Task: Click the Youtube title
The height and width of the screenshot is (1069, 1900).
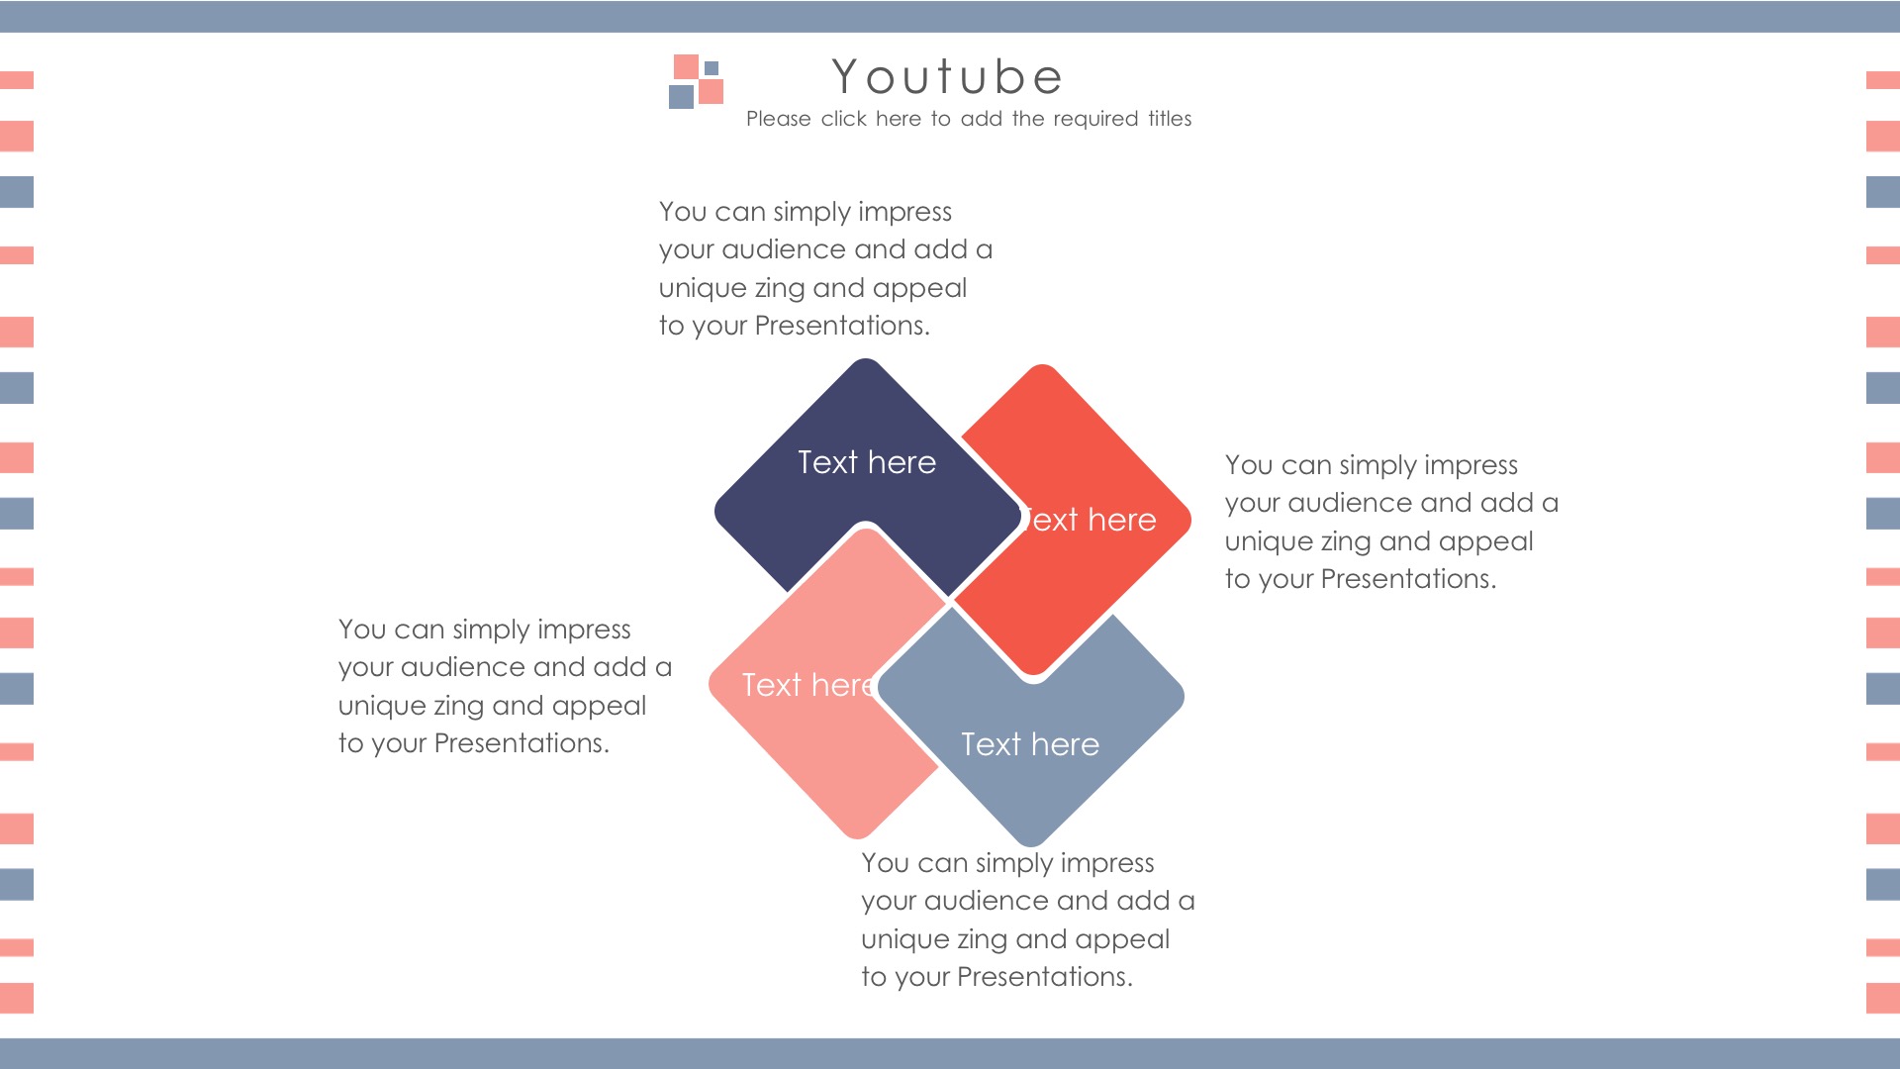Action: pos(947,77)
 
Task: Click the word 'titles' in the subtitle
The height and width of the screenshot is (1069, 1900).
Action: pos(1170,119)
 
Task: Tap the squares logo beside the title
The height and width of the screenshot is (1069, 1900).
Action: pos(697,81)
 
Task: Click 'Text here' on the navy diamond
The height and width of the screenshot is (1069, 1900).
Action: pos(867,462)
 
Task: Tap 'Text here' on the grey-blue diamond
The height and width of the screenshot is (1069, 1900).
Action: pos(1030,744)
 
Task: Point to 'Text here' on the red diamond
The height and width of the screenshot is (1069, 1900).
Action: pos(1090,520)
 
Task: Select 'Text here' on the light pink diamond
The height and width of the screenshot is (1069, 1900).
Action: pos(808,685)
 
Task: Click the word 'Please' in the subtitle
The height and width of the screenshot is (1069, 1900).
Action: pos(779,119)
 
